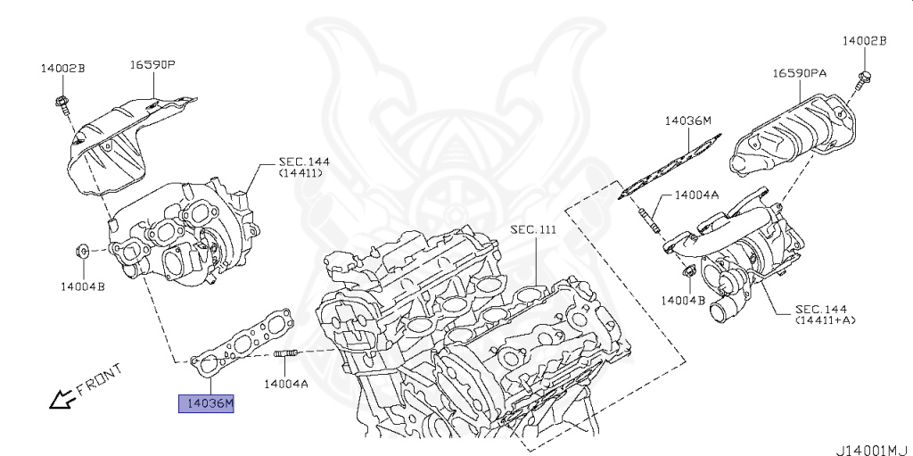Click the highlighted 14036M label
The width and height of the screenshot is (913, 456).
pos(207,404)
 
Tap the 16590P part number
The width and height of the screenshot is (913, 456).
pos(152,65)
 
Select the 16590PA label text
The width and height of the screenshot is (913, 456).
pos(799,74)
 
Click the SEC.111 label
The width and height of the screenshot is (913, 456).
pos(533,229)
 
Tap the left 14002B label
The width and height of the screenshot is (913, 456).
pos(62,68)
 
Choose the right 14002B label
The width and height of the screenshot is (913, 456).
pos(865,41)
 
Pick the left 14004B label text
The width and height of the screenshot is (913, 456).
pos(83,286)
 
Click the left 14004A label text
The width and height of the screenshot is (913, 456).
pos(285,385)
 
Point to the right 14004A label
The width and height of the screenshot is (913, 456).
pos(696,194)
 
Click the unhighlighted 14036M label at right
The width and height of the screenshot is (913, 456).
pos(687,120)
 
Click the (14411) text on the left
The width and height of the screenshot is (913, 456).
pos(300,172)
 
